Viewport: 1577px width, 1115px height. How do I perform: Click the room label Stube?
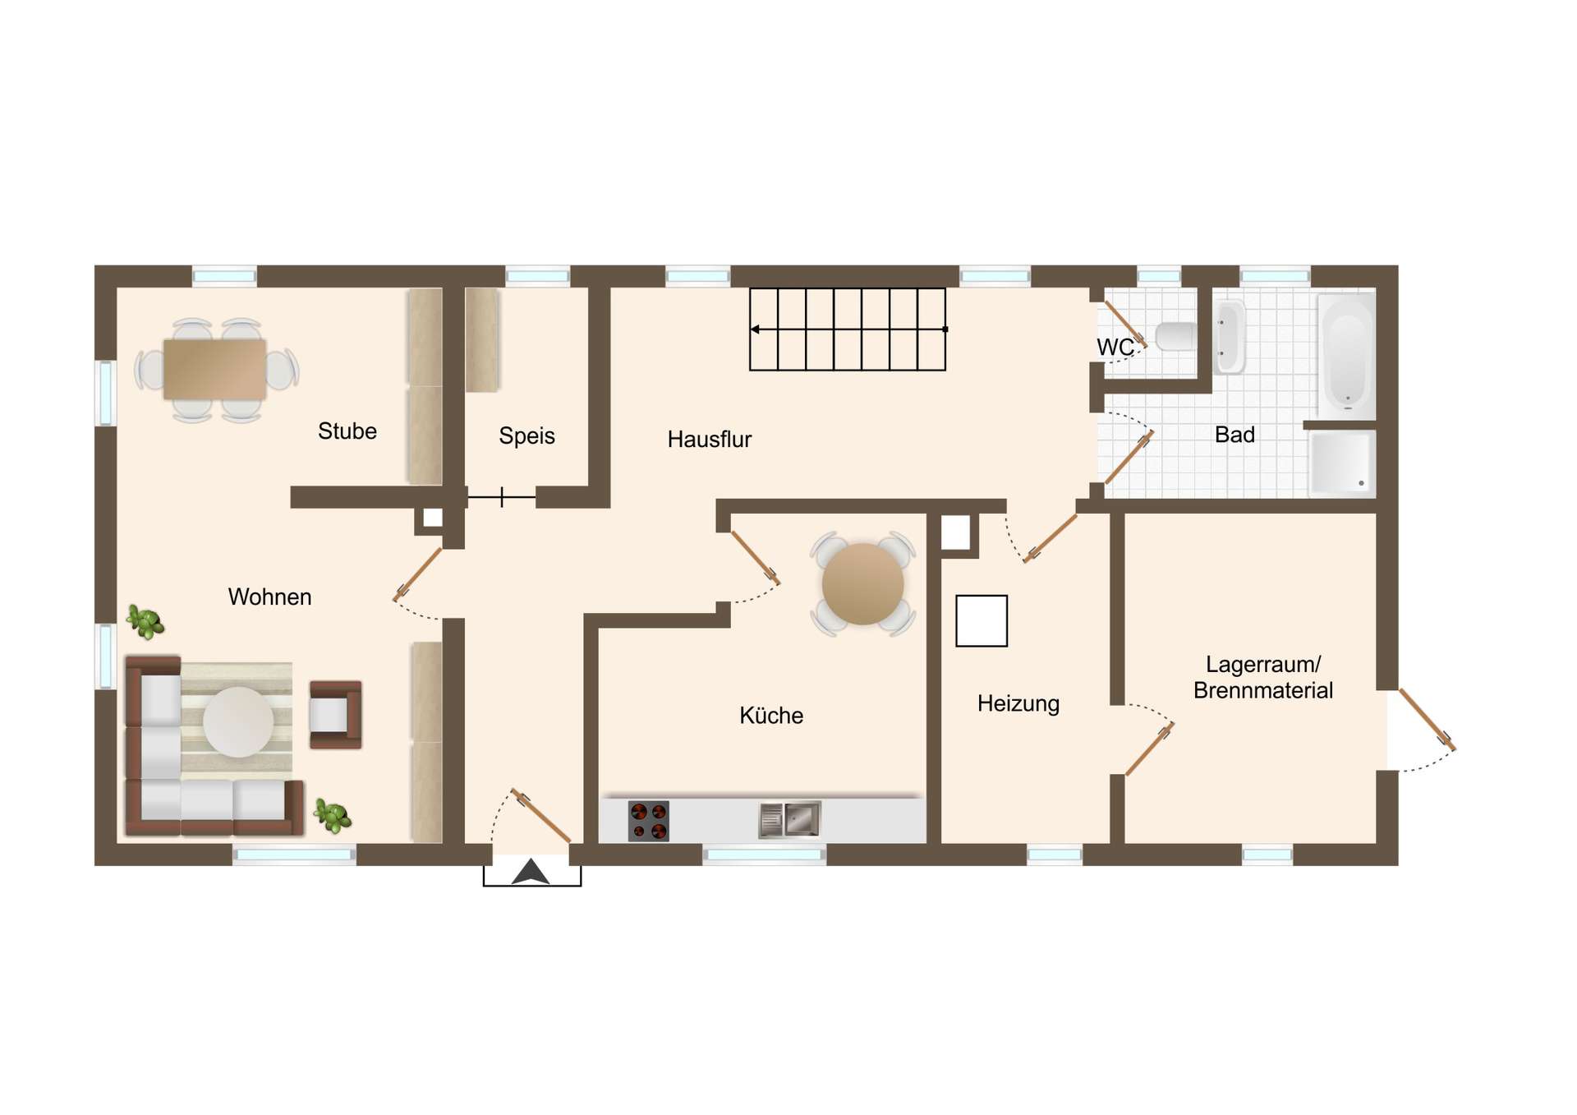point(347,431)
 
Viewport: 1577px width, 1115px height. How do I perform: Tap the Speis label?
point(526,436)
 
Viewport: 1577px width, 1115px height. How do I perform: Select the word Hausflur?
point(710,440)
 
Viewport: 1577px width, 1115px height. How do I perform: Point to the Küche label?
point(771,716)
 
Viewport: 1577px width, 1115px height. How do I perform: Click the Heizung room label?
point(1018,704)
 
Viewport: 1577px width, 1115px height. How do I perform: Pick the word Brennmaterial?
point(1263,691)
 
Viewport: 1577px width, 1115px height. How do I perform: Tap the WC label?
point(1115,348)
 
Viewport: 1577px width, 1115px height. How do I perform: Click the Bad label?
point(1234,435)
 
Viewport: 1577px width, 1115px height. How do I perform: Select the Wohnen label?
point(269,597)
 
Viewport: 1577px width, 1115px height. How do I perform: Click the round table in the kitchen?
point(862,584)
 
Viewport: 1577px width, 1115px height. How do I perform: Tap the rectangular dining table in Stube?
point(214,370)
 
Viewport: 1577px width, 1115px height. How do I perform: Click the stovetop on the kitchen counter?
point(649,821)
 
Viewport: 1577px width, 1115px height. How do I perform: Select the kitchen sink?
point(789,820)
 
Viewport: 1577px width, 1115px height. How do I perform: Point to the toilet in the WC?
point(1175,336)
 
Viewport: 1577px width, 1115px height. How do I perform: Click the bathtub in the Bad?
point(1346,355)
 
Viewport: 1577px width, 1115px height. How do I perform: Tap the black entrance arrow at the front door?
point(531,872)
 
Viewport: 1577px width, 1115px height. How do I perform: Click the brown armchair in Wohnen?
point(335,714)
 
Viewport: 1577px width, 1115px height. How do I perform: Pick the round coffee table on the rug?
point(238,721)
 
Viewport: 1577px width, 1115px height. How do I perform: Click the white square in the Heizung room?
point(982,621)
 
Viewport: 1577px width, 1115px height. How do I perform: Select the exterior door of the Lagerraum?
point(1428,720)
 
